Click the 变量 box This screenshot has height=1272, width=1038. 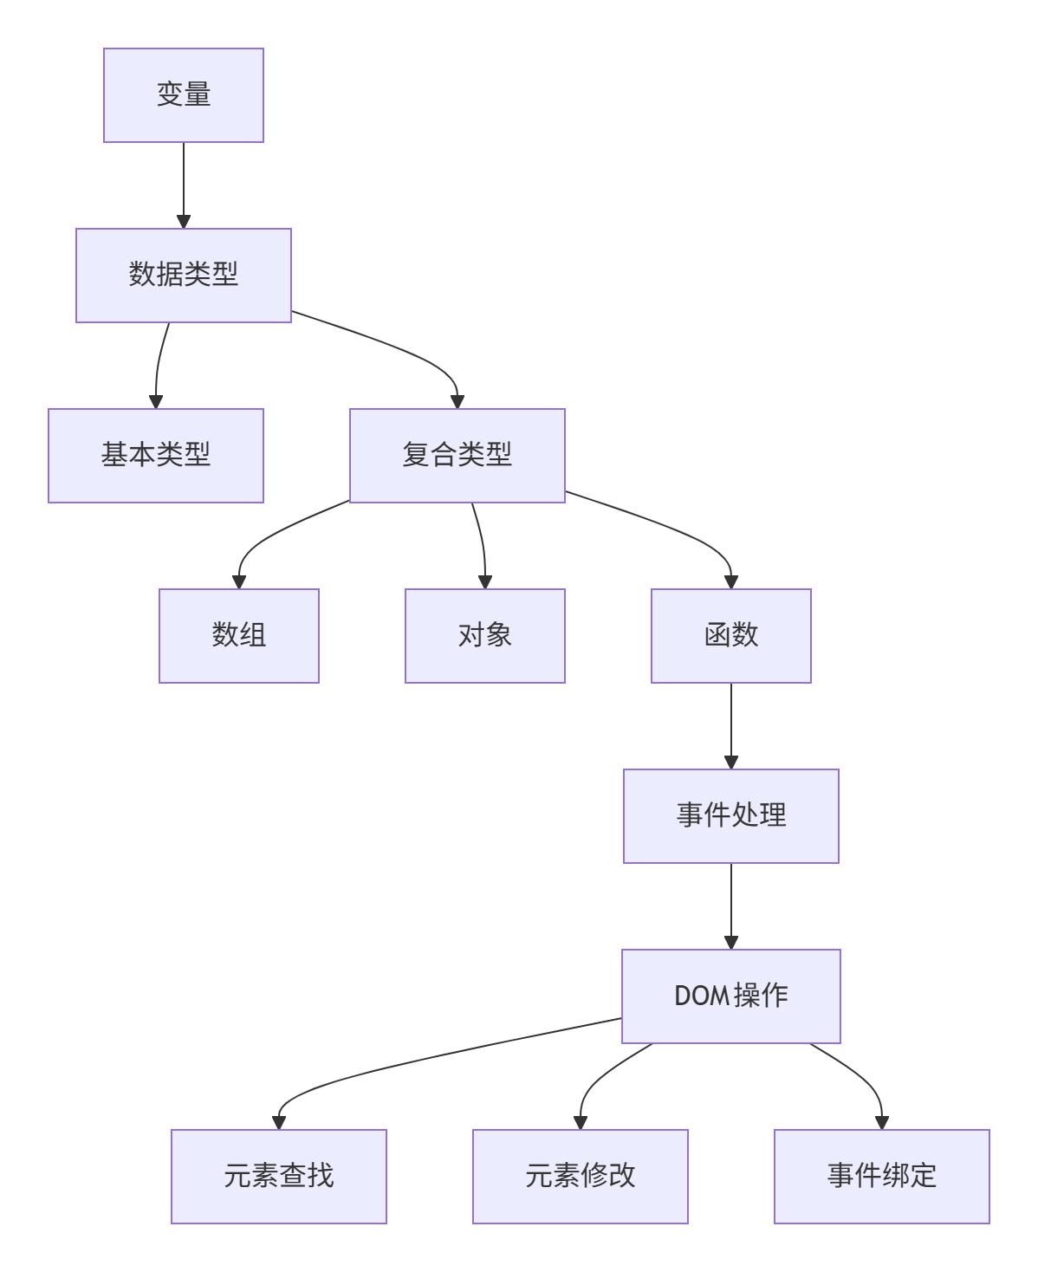(183, 95)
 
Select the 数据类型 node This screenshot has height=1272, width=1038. (183, 276)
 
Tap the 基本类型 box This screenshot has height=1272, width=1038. (156, 456)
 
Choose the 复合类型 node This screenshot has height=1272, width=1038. (457, 456)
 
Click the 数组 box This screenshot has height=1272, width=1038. (239, 636)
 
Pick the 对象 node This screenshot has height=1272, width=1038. (484, 636)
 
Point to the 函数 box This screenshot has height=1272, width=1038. (730, 636)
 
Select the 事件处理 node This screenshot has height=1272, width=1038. (730, 816)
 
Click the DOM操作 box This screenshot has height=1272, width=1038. (730, 996)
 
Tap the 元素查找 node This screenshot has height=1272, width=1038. (278, 1177)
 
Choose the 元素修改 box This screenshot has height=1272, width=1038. (580, 1177)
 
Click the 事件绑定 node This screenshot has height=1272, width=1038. (881, 1177)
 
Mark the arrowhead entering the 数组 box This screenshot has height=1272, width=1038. (239, 582)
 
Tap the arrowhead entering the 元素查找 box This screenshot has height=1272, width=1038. (278, 1123)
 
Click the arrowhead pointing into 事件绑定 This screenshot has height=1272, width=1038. (881, 1123)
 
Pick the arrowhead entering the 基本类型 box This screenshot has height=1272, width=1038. (156, 402)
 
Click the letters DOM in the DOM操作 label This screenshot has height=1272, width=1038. (702, 996)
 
